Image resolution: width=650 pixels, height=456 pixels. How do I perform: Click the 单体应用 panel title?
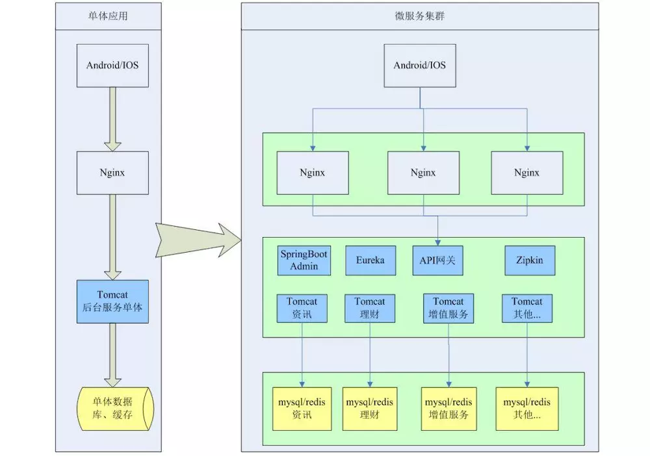click(108, 16)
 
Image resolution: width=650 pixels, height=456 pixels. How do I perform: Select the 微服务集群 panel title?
click(419, 16)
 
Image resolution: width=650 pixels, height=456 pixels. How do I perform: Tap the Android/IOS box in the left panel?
click(112, 66)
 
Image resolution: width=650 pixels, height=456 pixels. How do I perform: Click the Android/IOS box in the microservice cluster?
click(420, 66)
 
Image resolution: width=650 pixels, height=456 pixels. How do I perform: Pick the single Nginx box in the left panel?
click(112, 173)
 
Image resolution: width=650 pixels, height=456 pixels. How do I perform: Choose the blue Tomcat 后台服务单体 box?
click(112, 301)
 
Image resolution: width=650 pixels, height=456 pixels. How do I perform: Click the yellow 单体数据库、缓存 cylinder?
click(115, 408)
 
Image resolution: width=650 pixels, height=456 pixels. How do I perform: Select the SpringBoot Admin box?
click(304, 260)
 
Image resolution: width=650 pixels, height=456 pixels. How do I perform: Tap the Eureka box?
click(370, 260)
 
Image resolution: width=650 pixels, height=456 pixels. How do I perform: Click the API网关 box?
click(437, 260)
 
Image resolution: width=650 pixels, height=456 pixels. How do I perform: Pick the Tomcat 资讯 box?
click(302, 309)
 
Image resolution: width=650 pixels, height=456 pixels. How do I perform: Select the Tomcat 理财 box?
click(370, 309)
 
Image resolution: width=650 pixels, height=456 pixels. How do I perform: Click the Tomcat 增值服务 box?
click(448, 309)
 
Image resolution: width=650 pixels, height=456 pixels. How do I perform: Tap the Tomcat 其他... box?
click(526, 309)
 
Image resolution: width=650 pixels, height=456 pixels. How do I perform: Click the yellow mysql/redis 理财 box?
click(369, 409)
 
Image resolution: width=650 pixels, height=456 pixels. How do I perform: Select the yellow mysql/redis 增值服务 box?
click(448, 409)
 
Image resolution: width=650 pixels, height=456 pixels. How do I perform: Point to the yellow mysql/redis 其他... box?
click(526, 409)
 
